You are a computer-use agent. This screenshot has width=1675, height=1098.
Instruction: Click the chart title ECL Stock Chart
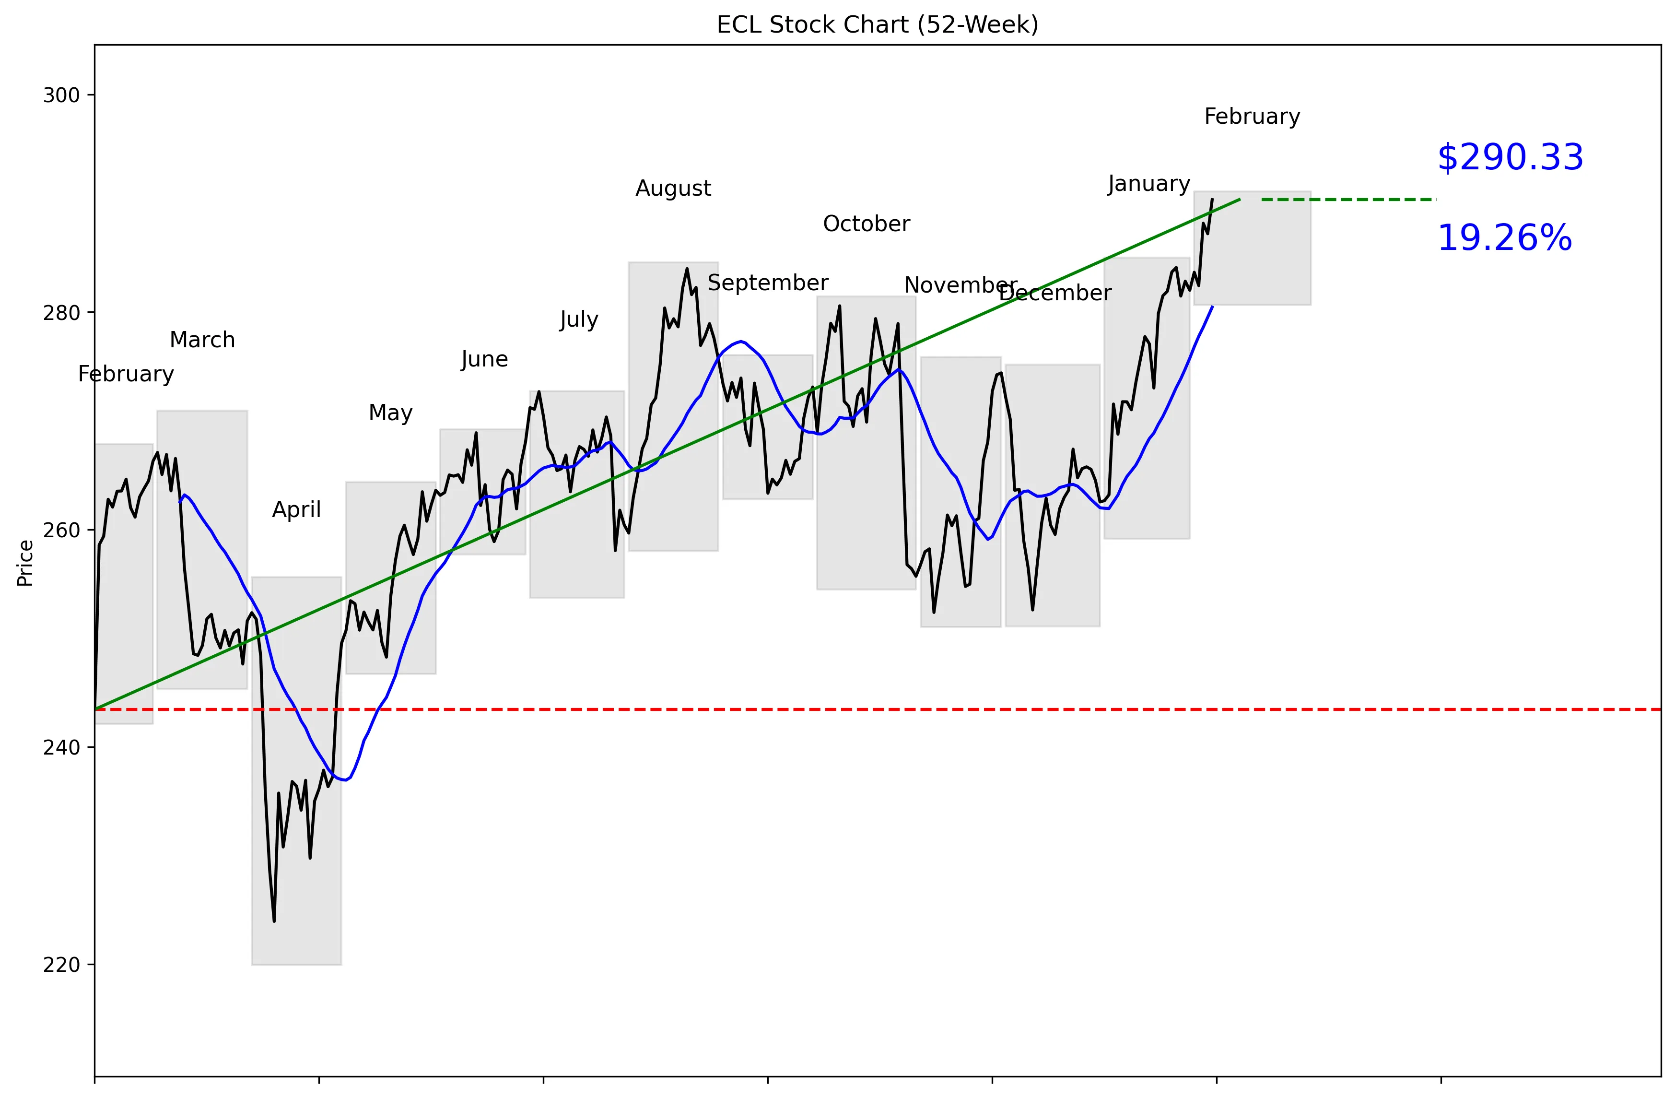877,24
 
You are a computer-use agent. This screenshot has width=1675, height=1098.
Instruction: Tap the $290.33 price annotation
1510,158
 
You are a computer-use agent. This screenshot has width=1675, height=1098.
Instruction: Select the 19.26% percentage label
1504,238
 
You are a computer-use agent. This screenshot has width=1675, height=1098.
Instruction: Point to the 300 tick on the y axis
61,95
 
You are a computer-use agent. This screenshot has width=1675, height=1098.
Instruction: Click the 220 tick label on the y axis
61,965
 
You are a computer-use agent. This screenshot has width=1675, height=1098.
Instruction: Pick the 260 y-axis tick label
61,530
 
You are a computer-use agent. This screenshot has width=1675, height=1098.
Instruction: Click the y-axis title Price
25,563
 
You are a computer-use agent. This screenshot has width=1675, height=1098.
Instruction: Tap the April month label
296,509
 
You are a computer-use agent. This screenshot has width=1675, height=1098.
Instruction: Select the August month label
673,189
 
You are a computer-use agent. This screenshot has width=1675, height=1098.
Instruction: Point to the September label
767,283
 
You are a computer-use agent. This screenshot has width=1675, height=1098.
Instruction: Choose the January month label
1148,184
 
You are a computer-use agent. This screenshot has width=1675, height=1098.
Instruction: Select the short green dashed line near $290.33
1348,200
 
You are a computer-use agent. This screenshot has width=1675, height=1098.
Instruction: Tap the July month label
578,320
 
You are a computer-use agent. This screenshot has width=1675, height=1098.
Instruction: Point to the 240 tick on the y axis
61,747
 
